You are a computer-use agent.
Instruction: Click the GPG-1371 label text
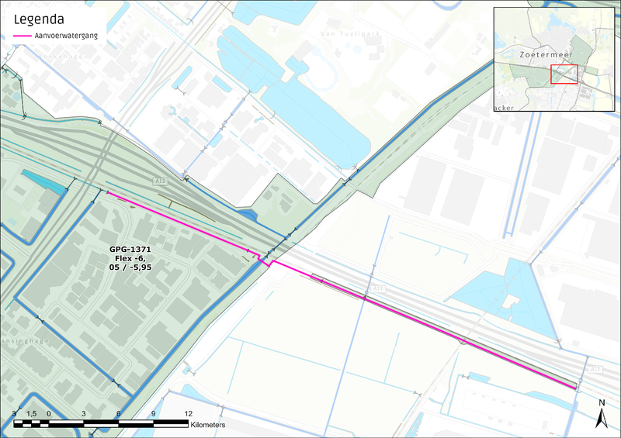(129, 249)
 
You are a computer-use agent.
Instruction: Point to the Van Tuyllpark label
(342, 34)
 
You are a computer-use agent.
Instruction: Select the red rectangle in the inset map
(564, 74)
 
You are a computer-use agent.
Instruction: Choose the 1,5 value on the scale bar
(32, 414)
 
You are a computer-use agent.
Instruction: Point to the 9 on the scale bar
(153, 414)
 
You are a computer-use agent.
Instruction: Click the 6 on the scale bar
(118, 414)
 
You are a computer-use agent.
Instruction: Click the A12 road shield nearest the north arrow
(594, 370)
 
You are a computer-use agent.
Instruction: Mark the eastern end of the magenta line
(576, 386)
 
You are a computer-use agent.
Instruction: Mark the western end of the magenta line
(107, 191)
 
